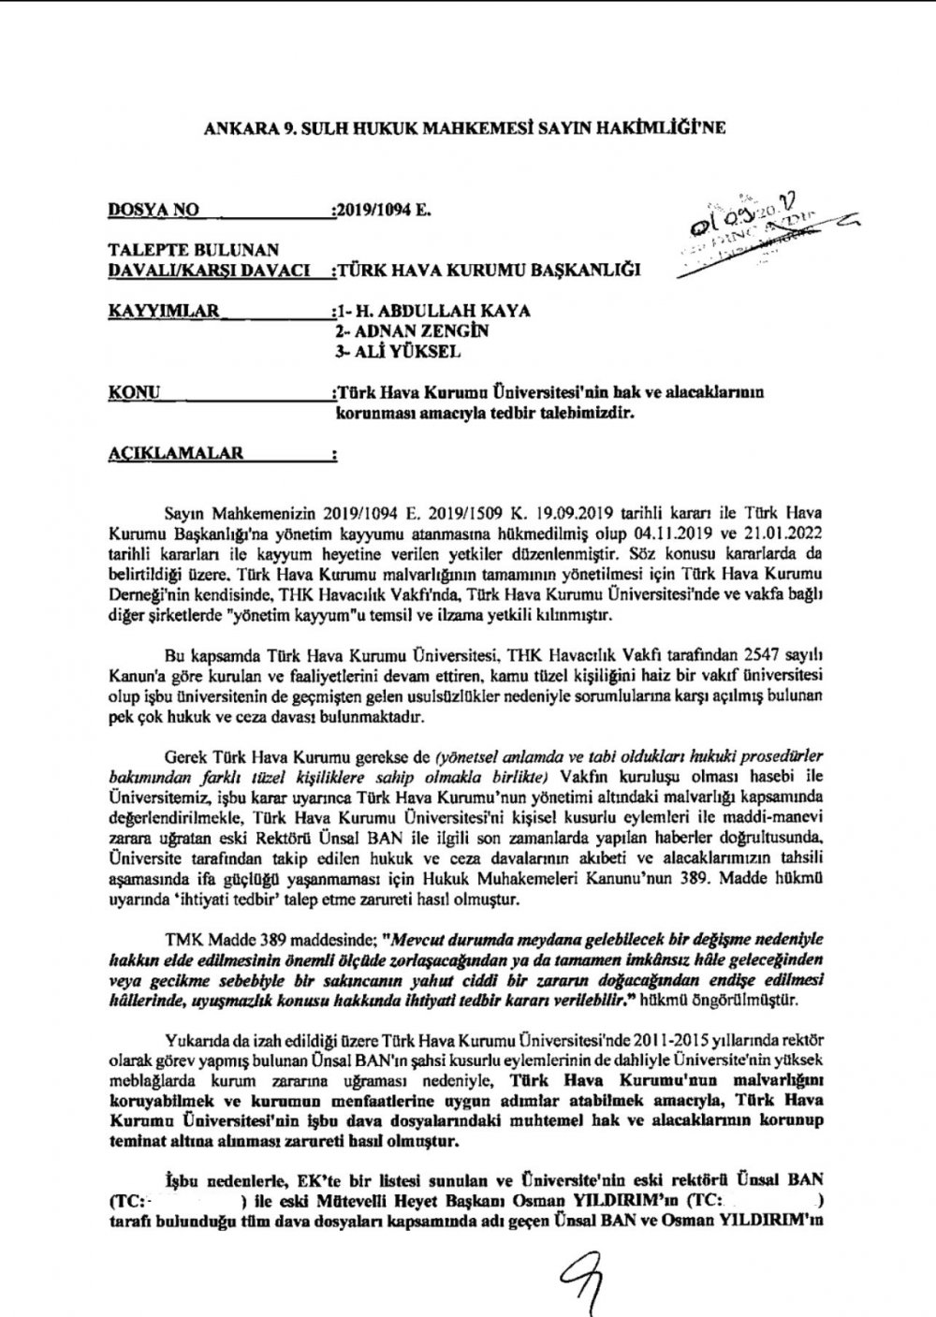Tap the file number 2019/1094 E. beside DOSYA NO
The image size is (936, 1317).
[380, 211]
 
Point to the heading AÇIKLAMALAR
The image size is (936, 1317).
[176, 453]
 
